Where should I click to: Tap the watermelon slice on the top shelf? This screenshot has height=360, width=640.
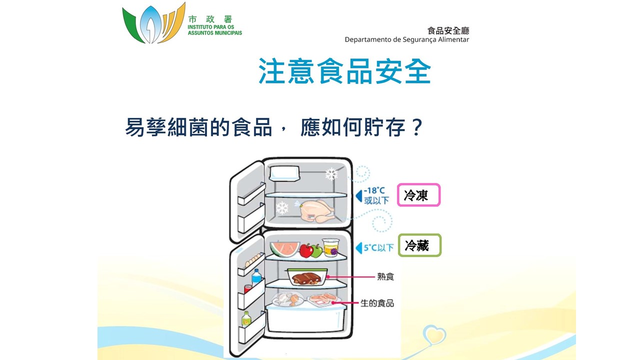pyautogui.click(x=284, y=248)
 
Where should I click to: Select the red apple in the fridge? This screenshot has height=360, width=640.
pyautogui.click(x=306, y=250)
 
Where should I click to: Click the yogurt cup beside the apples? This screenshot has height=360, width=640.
pyautogui.click(x=330, y=247)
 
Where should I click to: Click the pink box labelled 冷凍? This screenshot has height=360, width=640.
pyautogui.click(x=419, y=195)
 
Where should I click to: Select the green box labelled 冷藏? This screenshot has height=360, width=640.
pyautogui.click(x=419, y=245)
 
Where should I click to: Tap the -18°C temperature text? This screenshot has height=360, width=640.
pyautogui.click(x=374, y=190)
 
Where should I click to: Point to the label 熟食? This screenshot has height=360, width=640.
pyautogui.click(x=385, y=276)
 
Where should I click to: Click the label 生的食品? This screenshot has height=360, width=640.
pyautogui.click(x=377, y=303)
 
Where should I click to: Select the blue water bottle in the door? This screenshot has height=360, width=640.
pyautogui.click(x=256, y=275)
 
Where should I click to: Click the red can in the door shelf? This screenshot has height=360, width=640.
pyautogui.click(x=247, y=288)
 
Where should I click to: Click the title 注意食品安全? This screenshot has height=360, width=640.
pyautogui.click(x=344, y=71)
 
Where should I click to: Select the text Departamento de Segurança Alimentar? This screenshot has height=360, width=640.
pyautogui.click(x=406, y=39)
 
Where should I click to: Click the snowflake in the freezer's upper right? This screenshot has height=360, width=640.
pyautogui.click(x=331, y=174)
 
